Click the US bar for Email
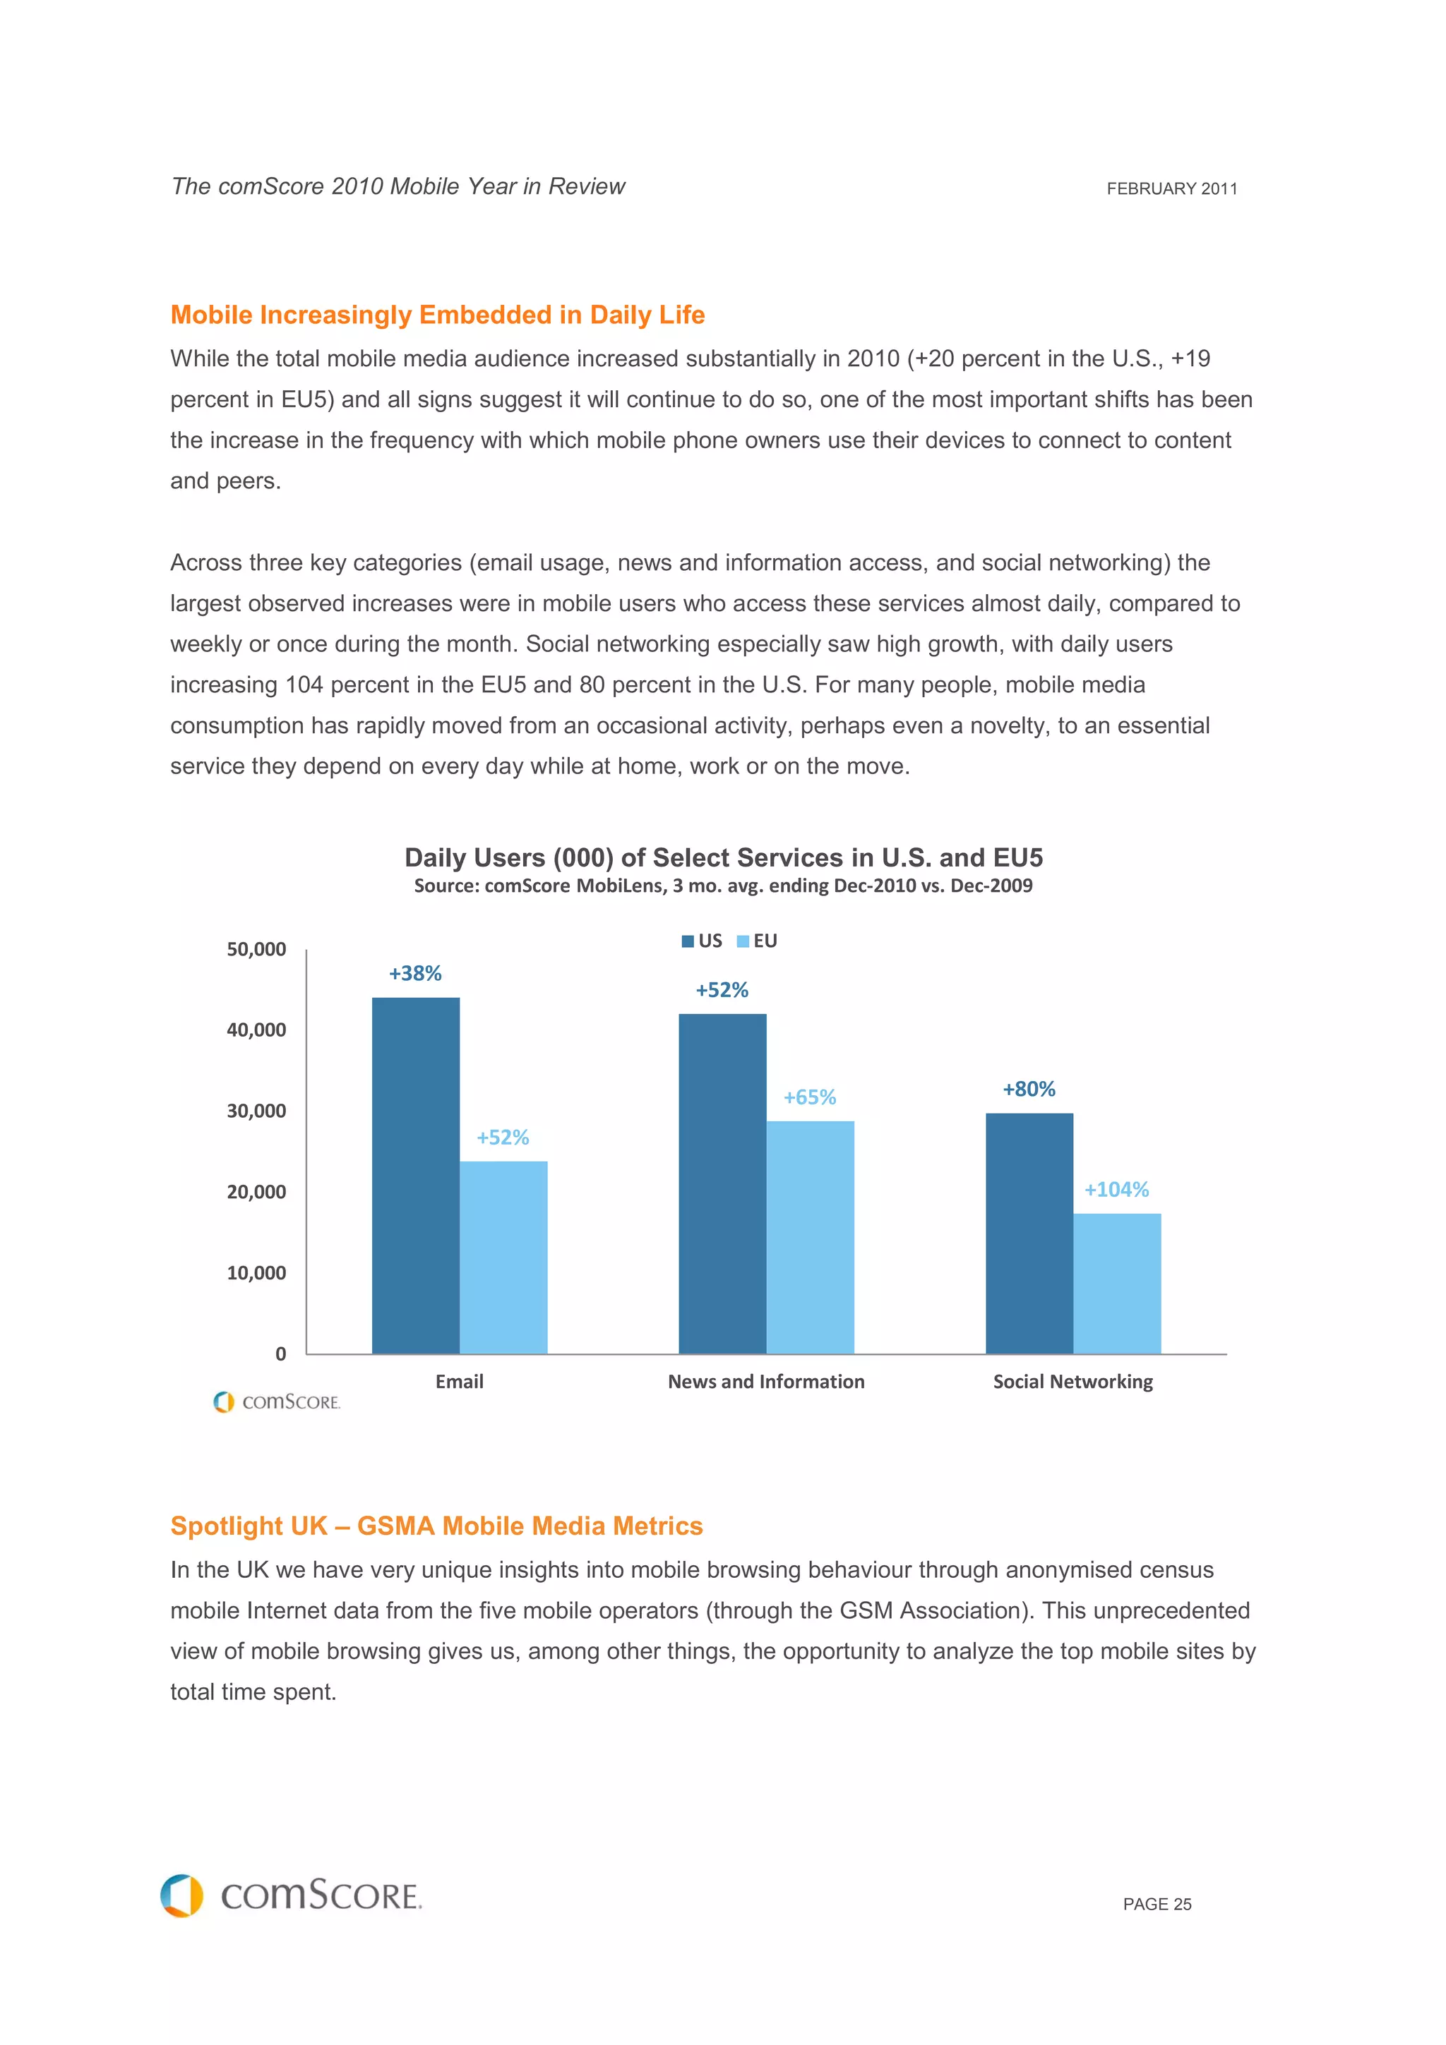tap(415, 1176)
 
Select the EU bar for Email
tap(503, 1257)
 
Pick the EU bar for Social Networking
tap(1116, 1284)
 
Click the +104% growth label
tap(1116, 1189)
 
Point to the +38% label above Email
tap(415, 974)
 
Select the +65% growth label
tap(809, 1097)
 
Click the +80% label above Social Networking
tap(1029, 1090)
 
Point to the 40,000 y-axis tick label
tap(256, 1030)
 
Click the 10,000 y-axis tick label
tap(256, 1273)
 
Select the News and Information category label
tap(766, 1382)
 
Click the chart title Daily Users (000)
tap(724, 857)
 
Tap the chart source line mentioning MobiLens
tap(724, 886)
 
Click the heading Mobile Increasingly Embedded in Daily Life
tap(438, 315)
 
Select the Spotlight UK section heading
tap(436, 1526)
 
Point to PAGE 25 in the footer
tap(1157, 1905)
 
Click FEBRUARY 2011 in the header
tap(1171, 189)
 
